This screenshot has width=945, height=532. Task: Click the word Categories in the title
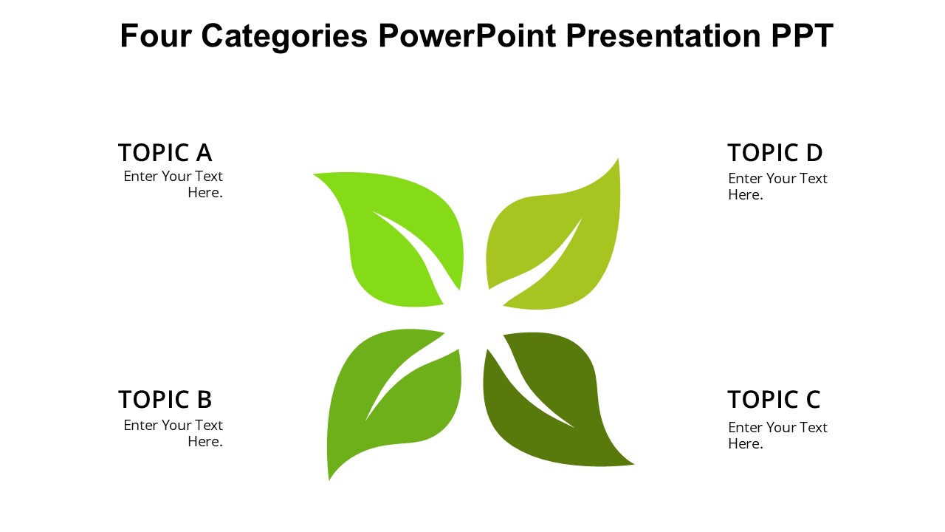[x=284, y=35]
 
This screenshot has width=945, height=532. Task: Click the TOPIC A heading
[x=165, y=153]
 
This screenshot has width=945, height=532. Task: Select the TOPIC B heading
[x=165, y=400]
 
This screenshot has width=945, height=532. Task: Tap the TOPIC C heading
[x=774, y=400]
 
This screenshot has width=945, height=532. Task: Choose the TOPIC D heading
[x=774, y=153]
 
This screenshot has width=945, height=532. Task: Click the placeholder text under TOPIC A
[x=173, y=185]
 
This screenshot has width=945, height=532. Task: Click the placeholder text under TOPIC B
[x=173, y=433]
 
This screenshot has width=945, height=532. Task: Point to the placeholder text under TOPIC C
[x=777, y=435]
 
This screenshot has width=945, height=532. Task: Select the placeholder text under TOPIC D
[x=777, y=186]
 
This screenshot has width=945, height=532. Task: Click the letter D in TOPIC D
[x=814, y=153]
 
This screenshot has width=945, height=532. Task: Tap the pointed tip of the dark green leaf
[x=631, y=463]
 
